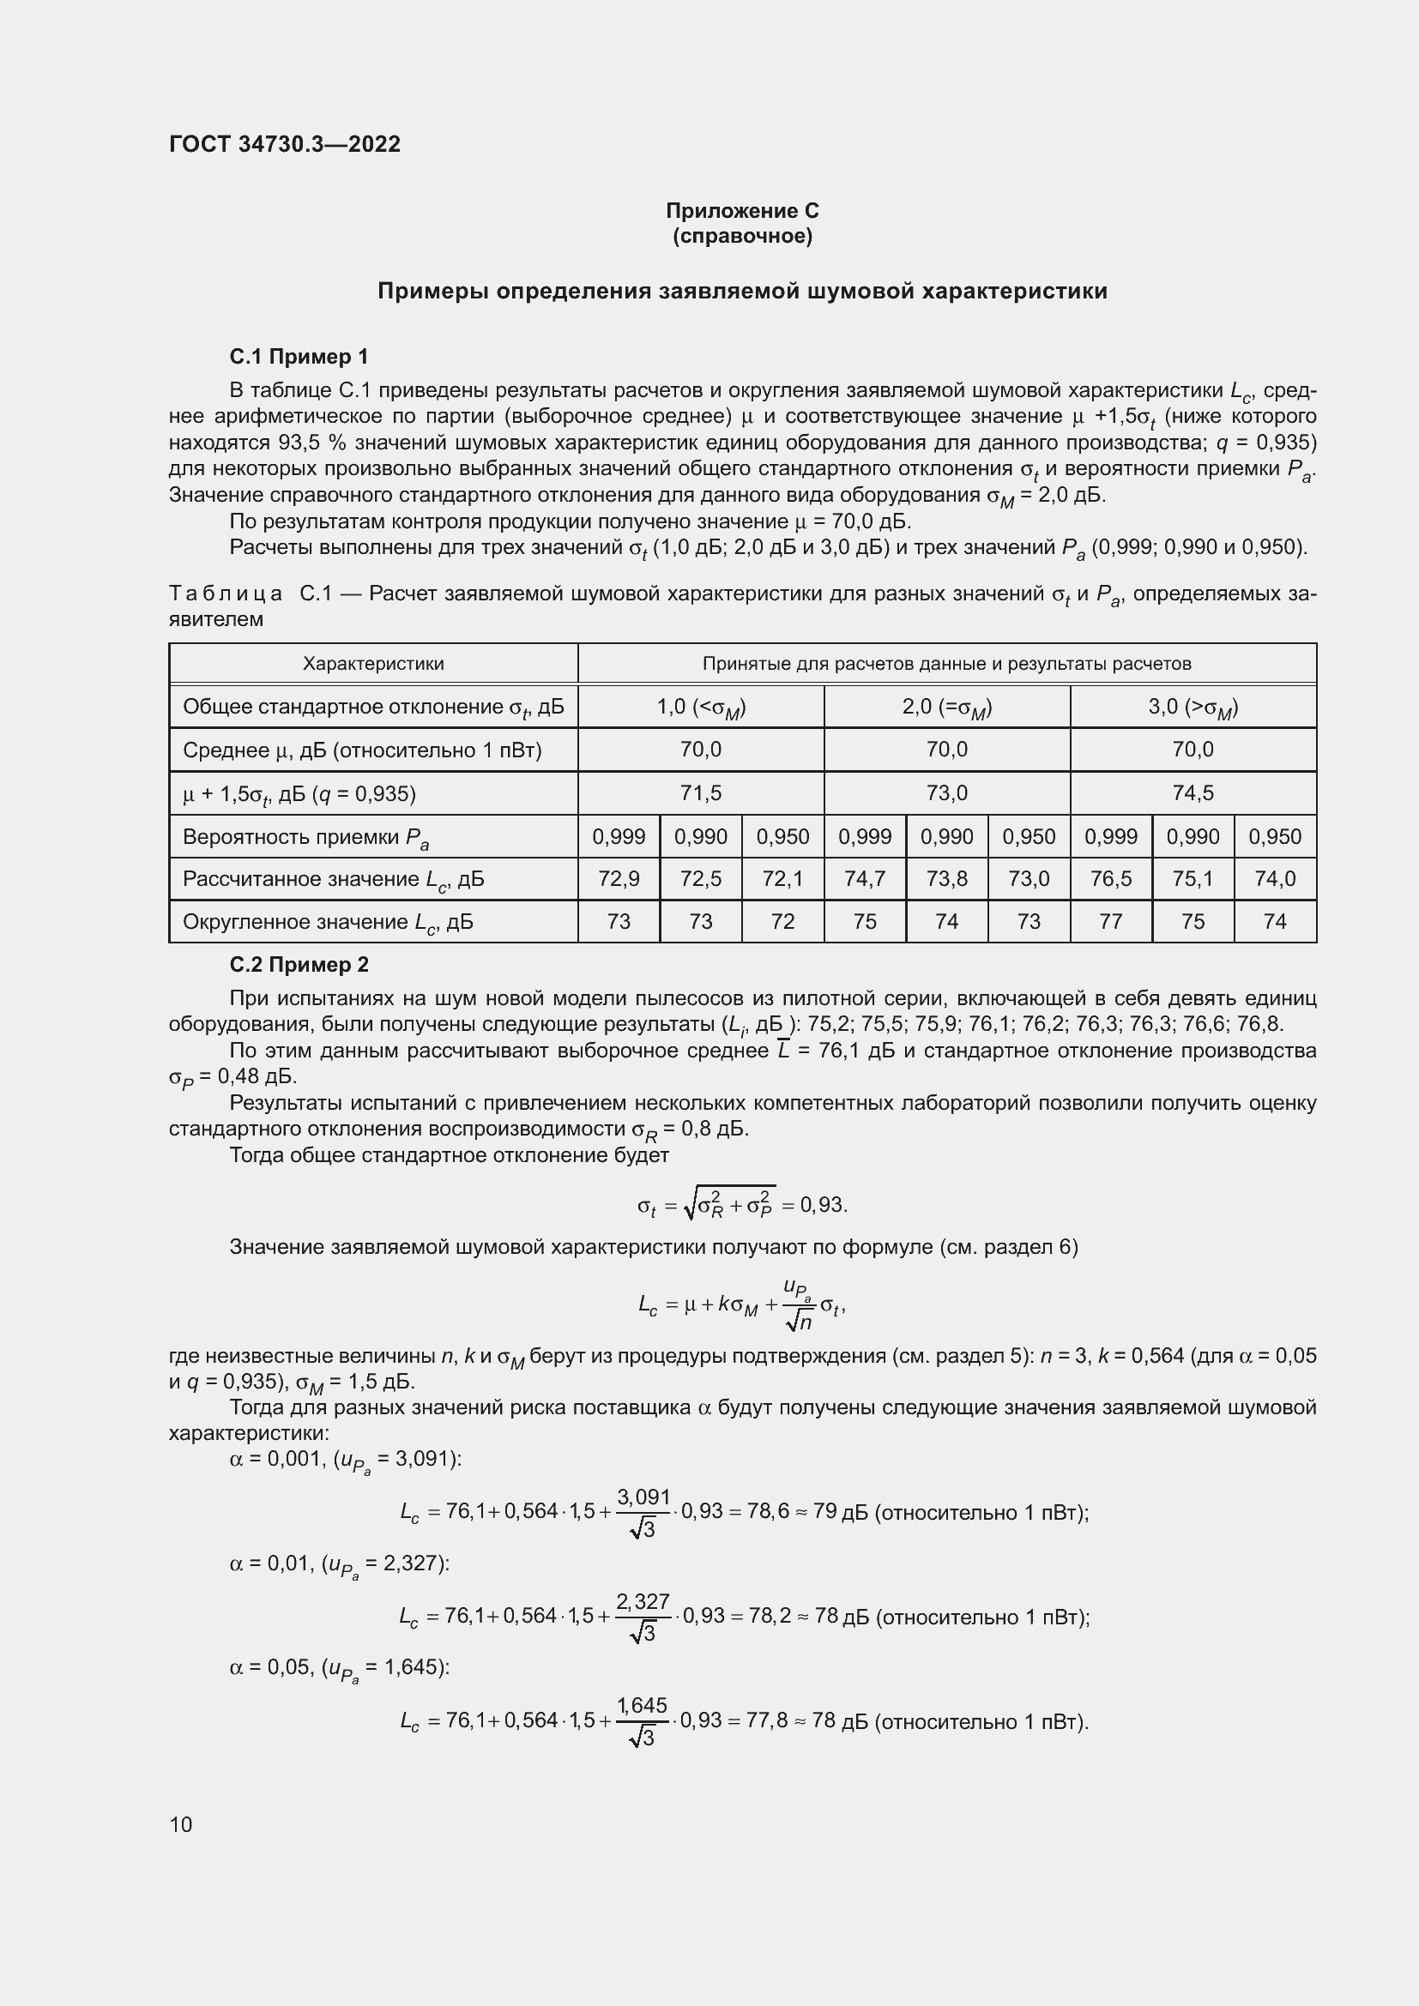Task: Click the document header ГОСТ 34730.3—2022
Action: (285, 144)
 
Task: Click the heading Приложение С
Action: (742, 211)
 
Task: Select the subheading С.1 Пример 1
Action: (299, 357)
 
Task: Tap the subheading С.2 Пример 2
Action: (299, 965)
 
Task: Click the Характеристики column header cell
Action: (373, 663)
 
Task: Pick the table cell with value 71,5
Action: (701, 792)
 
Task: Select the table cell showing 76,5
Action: (1110, 878)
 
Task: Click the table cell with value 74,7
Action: (864, 878)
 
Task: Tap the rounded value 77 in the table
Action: (1110, 921)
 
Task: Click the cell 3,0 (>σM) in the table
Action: (1193, 707)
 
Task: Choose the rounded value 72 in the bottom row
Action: (783, 921)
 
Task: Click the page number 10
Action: (181, 1824)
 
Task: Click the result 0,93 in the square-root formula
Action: (822, 1206)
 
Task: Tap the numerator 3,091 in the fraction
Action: (643, 1497)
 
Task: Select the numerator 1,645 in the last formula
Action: (643, 1706)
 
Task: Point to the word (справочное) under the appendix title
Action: (742, 236)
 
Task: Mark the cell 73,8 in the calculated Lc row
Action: (946, 878)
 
